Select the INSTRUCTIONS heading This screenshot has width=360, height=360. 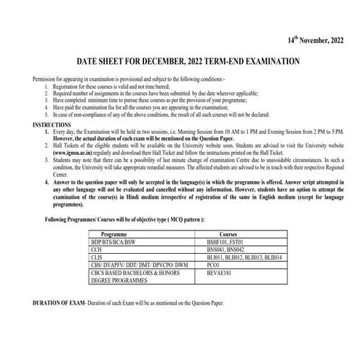52,125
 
